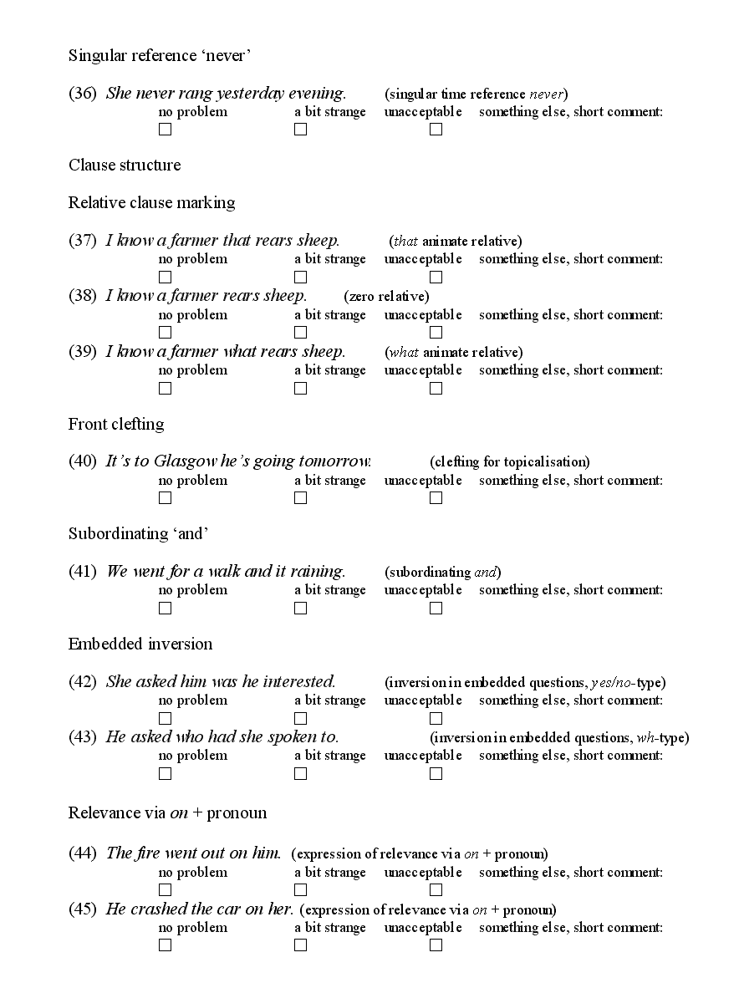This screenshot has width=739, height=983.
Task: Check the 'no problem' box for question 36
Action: point(165,130)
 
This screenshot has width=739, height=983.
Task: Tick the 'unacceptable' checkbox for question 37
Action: point(436,277)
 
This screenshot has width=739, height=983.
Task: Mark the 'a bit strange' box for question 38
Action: point(300,333)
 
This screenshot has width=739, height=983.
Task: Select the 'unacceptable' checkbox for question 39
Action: point(436,388)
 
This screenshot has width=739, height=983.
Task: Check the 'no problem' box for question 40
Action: point(165,498)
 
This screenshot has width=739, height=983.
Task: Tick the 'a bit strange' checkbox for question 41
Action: point(300,609)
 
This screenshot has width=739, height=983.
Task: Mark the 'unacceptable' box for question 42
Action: point(436,718)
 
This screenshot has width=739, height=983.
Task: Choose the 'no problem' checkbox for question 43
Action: point(165,774)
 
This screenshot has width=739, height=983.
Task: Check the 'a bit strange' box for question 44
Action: point(300,890)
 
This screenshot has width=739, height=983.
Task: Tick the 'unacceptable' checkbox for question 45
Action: point(436,945)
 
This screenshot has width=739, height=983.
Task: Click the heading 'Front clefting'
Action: point(116,424)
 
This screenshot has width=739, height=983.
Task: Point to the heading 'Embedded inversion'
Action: point(140,644)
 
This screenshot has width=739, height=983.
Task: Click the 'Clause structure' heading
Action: point(125,165)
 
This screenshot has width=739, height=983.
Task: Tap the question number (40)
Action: point(83,461)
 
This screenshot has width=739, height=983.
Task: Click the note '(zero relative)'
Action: point(386,296)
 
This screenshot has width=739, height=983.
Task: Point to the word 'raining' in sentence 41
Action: point(317,572)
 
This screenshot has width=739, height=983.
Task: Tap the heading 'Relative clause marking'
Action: point(151,202)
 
